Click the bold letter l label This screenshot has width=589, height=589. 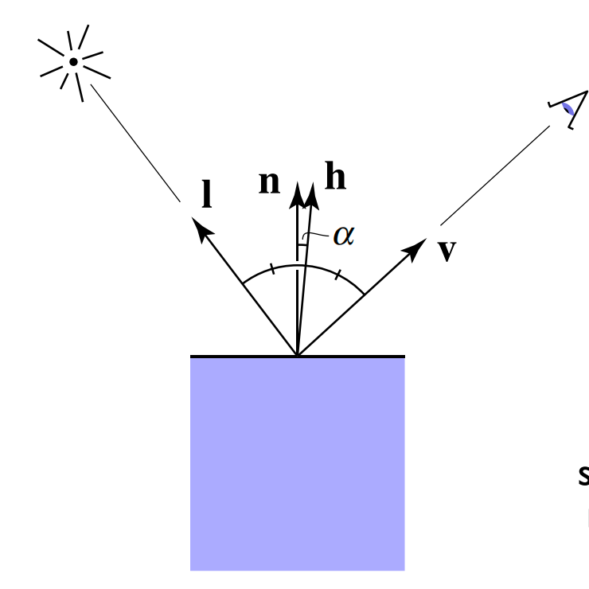207,195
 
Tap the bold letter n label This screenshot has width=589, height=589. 270,183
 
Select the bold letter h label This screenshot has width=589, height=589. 335,177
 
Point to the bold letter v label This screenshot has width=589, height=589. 447,251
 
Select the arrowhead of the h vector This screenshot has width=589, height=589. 311,192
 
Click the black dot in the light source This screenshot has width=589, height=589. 73,61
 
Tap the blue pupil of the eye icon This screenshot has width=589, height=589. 567,108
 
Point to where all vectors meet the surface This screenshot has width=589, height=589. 297,355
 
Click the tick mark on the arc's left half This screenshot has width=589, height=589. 272,270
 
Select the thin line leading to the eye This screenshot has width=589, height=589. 493,175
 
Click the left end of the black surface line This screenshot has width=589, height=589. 192,356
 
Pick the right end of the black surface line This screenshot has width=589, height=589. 404,356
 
